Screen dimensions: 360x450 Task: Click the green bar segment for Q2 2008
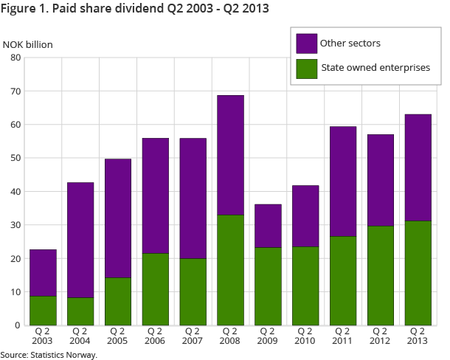point(230,270)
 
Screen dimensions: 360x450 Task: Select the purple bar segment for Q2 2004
point(80,240)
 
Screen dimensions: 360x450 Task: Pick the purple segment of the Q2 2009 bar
point(268,226)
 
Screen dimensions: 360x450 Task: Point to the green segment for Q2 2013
point(418,273)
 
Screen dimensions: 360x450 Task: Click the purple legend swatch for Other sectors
point(306,44)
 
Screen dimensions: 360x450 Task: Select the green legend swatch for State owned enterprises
point(306,69)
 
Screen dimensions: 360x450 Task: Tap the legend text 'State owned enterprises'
point(375,68)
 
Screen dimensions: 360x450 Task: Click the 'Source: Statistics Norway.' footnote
point(49,355)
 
